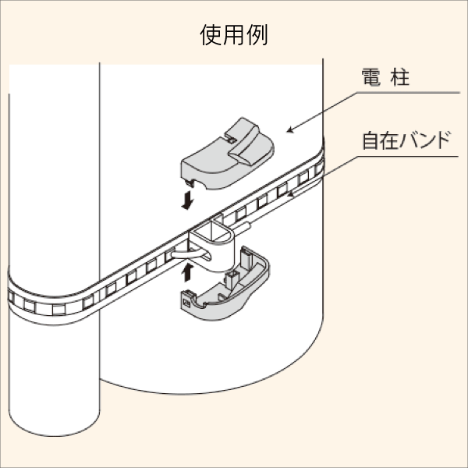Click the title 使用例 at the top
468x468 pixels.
234,37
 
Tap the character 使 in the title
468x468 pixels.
211,37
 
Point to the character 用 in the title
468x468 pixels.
234,37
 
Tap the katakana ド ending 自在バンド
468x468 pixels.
441,141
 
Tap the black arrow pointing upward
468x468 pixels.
187,271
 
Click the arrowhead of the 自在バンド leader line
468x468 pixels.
291,191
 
